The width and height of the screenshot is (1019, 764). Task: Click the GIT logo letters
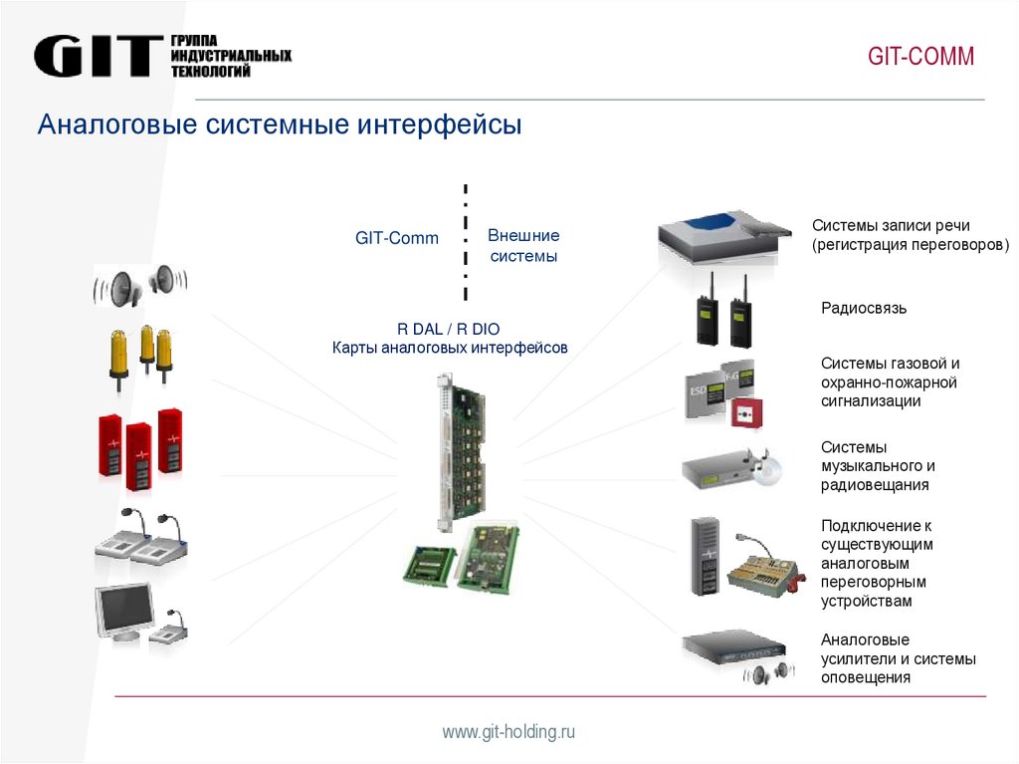click(x=98, y=56)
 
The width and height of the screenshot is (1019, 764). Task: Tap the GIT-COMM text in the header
click(x=920, y=57)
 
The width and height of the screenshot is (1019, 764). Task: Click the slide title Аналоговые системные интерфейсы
click(x=280, y=127)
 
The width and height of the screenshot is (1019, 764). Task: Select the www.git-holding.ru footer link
click(x=509, y=732)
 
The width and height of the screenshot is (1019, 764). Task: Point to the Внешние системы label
click(x=523, y=246)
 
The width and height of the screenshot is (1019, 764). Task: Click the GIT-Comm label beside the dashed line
click(x=397, y=239)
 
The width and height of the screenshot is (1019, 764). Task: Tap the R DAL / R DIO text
click(x=449, y=329)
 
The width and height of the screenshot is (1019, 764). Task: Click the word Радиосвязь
click(x=864, y=309)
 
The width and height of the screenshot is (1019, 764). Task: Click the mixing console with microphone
click(x=764, y=568)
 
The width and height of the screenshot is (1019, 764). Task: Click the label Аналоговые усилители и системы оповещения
click(x=898, y=658)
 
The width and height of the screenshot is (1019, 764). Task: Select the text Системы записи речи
click(x=890, y=225)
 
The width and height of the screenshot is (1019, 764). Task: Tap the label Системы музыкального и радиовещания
click(x=878, y=466)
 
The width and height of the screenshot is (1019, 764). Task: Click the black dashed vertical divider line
click(x=465, y=241)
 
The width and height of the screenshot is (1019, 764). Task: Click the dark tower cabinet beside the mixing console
click(x=705, y=557)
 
